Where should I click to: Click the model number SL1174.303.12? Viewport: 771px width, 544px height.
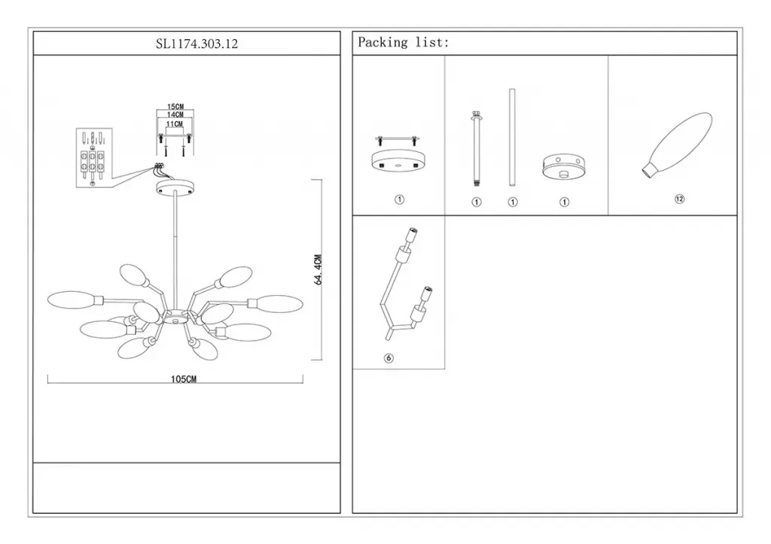pyautogui.click(x=197, y=44)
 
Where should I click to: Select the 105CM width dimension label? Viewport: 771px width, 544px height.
pyautogui.click(x=184, y=379)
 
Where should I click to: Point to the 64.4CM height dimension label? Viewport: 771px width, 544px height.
pyautogui.click(x=318, y=269)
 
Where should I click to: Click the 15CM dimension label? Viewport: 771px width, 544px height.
pyautogui.click(x=175, y=107)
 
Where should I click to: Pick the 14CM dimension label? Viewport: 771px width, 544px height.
pyautogui.click(x=175, y=114)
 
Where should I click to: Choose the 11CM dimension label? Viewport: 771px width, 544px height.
pyautogui.click(x=175, y=124)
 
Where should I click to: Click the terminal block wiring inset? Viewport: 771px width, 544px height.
pyautogui.click(x=94, y=158)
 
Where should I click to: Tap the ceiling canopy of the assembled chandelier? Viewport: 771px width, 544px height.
pyautogui.click(x=175, y=187)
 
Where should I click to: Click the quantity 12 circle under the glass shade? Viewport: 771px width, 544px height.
pyautogui.click(x=680, y=199)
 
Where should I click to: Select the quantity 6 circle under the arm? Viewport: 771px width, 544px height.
pyautogui.click(x=389, y=358)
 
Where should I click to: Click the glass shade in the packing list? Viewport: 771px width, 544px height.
pyautogui.click(x=677, y=145)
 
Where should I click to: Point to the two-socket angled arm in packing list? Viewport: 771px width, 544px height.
pyautogui.click(x=405, y=284)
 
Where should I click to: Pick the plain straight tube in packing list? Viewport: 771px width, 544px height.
pyautogui.click(x=512, y=138)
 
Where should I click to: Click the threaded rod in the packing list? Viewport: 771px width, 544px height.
pyautogui.click(x=476, y=148)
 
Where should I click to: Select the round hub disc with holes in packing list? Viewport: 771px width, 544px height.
pyautogui.click(x=563, y=166)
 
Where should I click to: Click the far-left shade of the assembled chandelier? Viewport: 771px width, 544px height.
pyautogui.click(x=75, y=300)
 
